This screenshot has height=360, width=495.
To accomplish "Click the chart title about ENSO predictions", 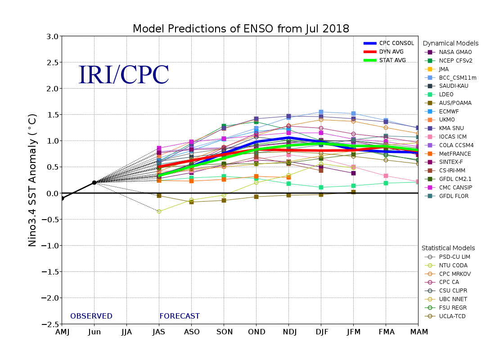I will pyautogui.click(x=241, y=29).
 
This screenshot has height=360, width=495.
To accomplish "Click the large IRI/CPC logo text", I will pyautogui.click(x=124, y=75).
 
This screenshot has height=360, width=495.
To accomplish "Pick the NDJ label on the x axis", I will pyautogui.click(x=288, y=332).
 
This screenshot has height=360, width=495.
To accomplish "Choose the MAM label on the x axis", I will pyautogui.click(x=418, y=332).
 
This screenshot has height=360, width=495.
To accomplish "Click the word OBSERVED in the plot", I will pyautogui.click(x=91, y=316).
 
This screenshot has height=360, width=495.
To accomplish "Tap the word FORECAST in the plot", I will pyautogui.click(x=179, y=316).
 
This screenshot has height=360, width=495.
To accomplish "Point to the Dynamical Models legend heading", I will pyautogui.click(x=450, y=43).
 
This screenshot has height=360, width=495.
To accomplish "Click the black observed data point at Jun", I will pyautogui.click(x=94, y=182).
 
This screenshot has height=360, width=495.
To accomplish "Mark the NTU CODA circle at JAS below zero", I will pyautogui.click(x=159, y=211).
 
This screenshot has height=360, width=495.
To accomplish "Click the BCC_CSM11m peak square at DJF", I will pyautogui.click(x=321, y=112).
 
